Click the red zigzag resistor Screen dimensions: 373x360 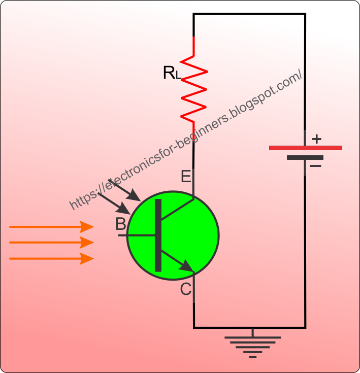pos(194,89)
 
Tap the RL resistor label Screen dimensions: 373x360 pos(172,73)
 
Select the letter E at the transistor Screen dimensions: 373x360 pos(186,177)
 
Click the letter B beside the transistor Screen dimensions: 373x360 pos(120,224)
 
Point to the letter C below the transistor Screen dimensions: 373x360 pos(186,289)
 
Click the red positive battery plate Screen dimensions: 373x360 pos(305,148)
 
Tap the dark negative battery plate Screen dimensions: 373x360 pos(305,157)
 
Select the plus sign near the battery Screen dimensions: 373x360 pos(316,138)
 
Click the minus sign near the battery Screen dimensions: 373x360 pos(315,166)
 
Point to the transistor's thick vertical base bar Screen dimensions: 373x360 pos(158,235)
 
